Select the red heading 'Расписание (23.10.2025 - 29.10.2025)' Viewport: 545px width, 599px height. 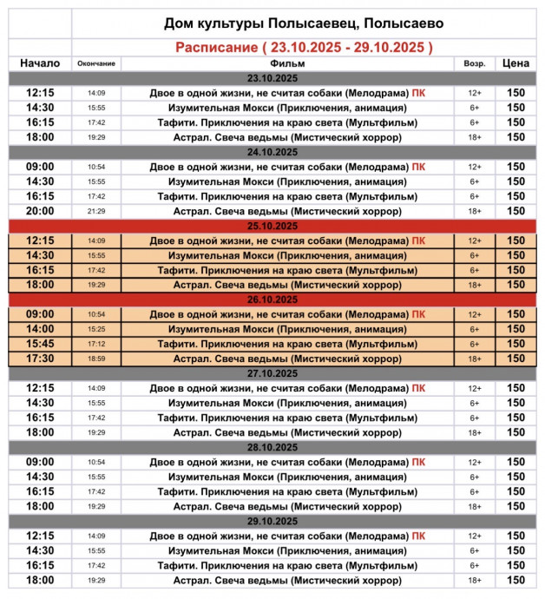click(303, 47)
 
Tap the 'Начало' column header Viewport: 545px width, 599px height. click(40, 63)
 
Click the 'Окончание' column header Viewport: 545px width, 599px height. click(96, 63)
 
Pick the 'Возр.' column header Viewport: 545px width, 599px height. click(474, 63)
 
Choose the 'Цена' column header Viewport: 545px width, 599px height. click(515, 63)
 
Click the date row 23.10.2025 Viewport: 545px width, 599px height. click(273, 78)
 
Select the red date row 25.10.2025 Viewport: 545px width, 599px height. click(273, 226)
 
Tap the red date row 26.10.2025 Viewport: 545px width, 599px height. click(273, 299)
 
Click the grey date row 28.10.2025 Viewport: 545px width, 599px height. click(273, 447)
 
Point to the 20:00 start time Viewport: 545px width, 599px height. click(40, 211)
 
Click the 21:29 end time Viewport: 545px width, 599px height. click(96, 211)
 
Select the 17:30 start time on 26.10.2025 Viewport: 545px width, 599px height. click(40, 359)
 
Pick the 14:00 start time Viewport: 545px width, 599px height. click(40, 329)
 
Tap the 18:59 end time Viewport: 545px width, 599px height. click(96, 359)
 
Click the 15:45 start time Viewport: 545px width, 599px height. click(40, 344)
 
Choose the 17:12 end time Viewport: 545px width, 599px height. click(96, 344)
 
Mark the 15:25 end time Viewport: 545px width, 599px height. click(96, 329)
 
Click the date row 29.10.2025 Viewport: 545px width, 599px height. click(273, 521)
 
